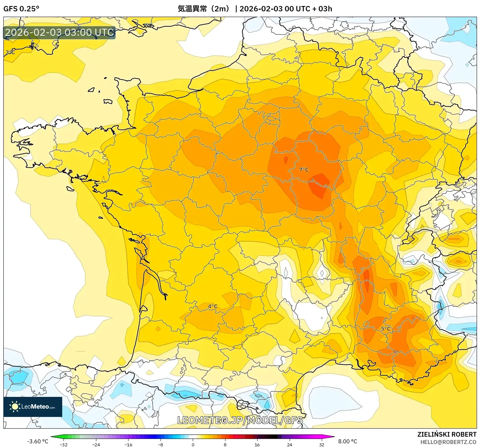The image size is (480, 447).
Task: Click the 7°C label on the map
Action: [x=304, y=170]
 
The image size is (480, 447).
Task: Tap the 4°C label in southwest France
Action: [x=213, y=306]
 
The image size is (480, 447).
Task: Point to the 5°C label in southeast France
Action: [x=386, y=329]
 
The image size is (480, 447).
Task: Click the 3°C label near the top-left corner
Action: [x=10, y=52]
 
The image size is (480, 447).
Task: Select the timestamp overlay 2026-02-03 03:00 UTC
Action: [x=60, y=32]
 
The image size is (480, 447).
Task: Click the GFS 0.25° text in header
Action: [x=21, y=9]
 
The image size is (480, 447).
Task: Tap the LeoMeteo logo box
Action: [x=33, y=407]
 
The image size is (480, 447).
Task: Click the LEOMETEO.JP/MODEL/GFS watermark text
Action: [x=240, y=420]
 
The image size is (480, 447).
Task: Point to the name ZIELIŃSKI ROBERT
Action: [x=447, y=434]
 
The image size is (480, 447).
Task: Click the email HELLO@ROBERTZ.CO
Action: [x=448, y=442]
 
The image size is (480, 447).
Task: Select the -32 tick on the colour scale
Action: [x=63, y=444]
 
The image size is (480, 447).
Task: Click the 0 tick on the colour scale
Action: [x=193, y=444]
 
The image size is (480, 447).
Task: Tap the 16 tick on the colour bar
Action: [x=257, y=444]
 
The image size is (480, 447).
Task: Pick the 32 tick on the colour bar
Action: [x=321, y=444]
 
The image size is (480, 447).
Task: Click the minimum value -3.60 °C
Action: [x=37, y=441]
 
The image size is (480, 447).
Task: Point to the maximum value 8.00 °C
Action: [x=348, y=441]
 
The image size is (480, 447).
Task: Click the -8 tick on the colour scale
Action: [x=161, y=444]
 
